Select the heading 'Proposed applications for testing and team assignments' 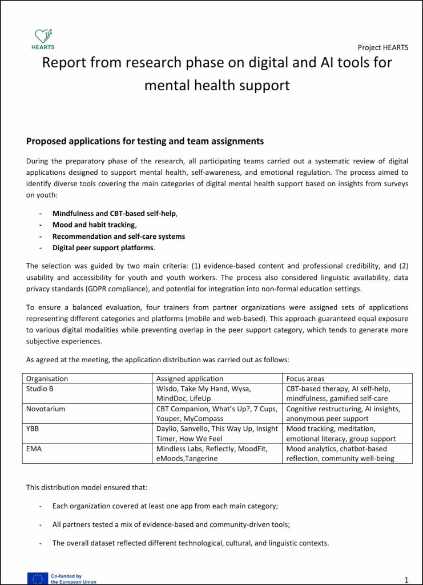coord(145,141)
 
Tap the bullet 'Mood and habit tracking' coord(94,225)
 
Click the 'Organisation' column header coord(47,378)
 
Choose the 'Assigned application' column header coord(190,378)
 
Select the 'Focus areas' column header coord(305,378)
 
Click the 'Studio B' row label coord(40,388)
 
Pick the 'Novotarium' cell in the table coord(46,409)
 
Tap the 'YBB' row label coord(33,428)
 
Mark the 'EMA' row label coord(34,448)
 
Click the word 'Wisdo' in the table coord(167,388)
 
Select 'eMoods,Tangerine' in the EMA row coord(187,459)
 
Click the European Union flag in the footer coord(38,579)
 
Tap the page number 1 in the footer coord(406,580)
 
